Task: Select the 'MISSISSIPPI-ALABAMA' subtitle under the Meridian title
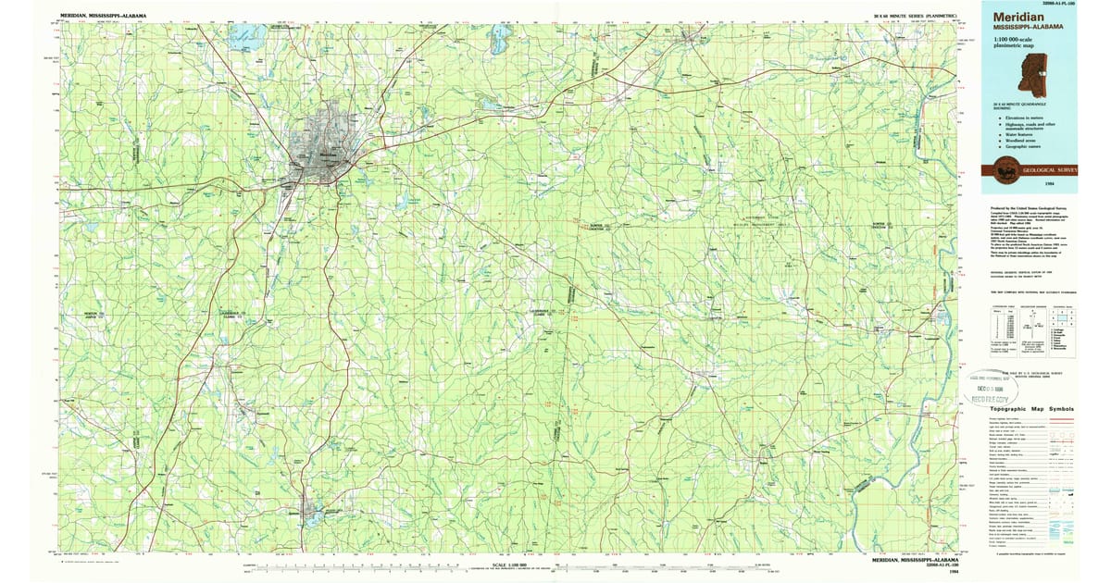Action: pyautogui.click(x=1028, y=28)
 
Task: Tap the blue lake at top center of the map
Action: pyautogui.click(x=501, y=40)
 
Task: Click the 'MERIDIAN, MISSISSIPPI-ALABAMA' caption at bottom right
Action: pyautogui.click(x=917, y=560)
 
